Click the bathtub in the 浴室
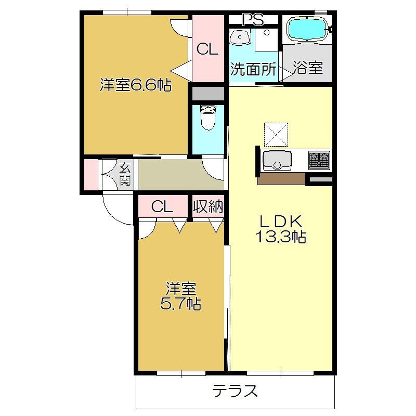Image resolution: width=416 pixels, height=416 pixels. point(308,29)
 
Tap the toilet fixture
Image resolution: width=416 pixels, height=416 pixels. point(209,118)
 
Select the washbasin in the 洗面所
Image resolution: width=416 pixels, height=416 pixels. point(240,36)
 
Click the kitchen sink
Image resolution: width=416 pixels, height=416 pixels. point(277,161)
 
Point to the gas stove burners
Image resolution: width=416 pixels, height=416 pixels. point(319,160)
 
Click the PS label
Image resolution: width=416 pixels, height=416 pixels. point(253,20)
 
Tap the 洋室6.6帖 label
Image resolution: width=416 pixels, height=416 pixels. point(136,85)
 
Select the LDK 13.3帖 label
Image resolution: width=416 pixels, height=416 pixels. point(281,229)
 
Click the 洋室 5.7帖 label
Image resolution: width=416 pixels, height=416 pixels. point(180,296)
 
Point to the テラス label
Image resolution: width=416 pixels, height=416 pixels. point(235,391)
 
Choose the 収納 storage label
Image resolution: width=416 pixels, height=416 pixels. point(208,206)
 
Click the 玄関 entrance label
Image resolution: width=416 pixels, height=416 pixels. point(125,174)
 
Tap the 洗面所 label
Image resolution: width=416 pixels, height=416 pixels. point(253,69)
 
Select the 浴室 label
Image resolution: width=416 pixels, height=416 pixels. point(308,68)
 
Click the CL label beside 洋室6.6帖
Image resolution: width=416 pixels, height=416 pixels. point(207,49)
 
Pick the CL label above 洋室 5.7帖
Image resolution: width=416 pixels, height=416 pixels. point(162,206)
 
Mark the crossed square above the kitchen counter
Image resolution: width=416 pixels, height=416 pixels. point(276,135)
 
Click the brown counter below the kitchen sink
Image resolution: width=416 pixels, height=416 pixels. point(281,179)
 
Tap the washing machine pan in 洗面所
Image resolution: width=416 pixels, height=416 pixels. point(266,40)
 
